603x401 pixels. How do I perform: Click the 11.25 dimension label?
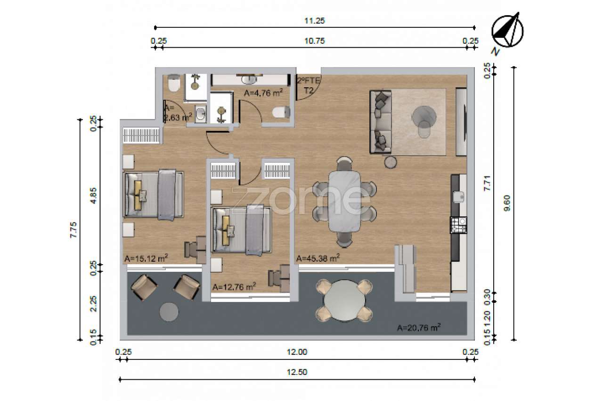314,21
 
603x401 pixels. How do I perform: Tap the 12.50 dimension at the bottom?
297,372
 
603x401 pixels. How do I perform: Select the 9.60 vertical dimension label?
507,203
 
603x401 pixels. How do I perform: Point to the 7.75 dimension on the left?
73,230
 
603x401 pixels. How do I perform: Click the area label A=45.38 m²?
318,258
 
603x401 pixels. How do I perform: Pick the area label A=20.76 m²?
419,327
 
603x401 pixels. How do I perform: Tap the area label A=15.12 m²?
146,258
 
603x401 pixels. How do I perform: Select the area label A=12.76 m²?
234,287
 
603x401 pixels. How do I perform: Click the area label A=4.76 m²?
263,93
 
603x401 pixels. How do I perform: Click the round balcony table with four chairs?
344,301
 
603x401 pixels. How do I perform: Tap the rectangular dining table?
344,201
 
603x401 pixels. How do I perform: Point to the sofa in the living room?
381,122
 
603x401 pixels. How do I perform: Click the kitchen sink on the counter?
458,197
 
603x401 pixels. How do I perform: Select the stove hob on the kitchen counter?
458,226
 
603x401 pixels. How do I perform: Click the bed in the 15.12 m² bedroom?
153,194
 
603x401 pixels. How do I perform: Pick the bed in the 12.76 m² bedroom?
241,230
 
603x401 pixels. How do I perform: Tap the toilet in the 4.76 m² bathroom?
281,112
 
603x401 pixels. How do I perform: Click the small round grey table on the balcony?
169,312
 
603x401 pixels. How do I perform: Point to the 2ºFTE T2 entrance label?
309,85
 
